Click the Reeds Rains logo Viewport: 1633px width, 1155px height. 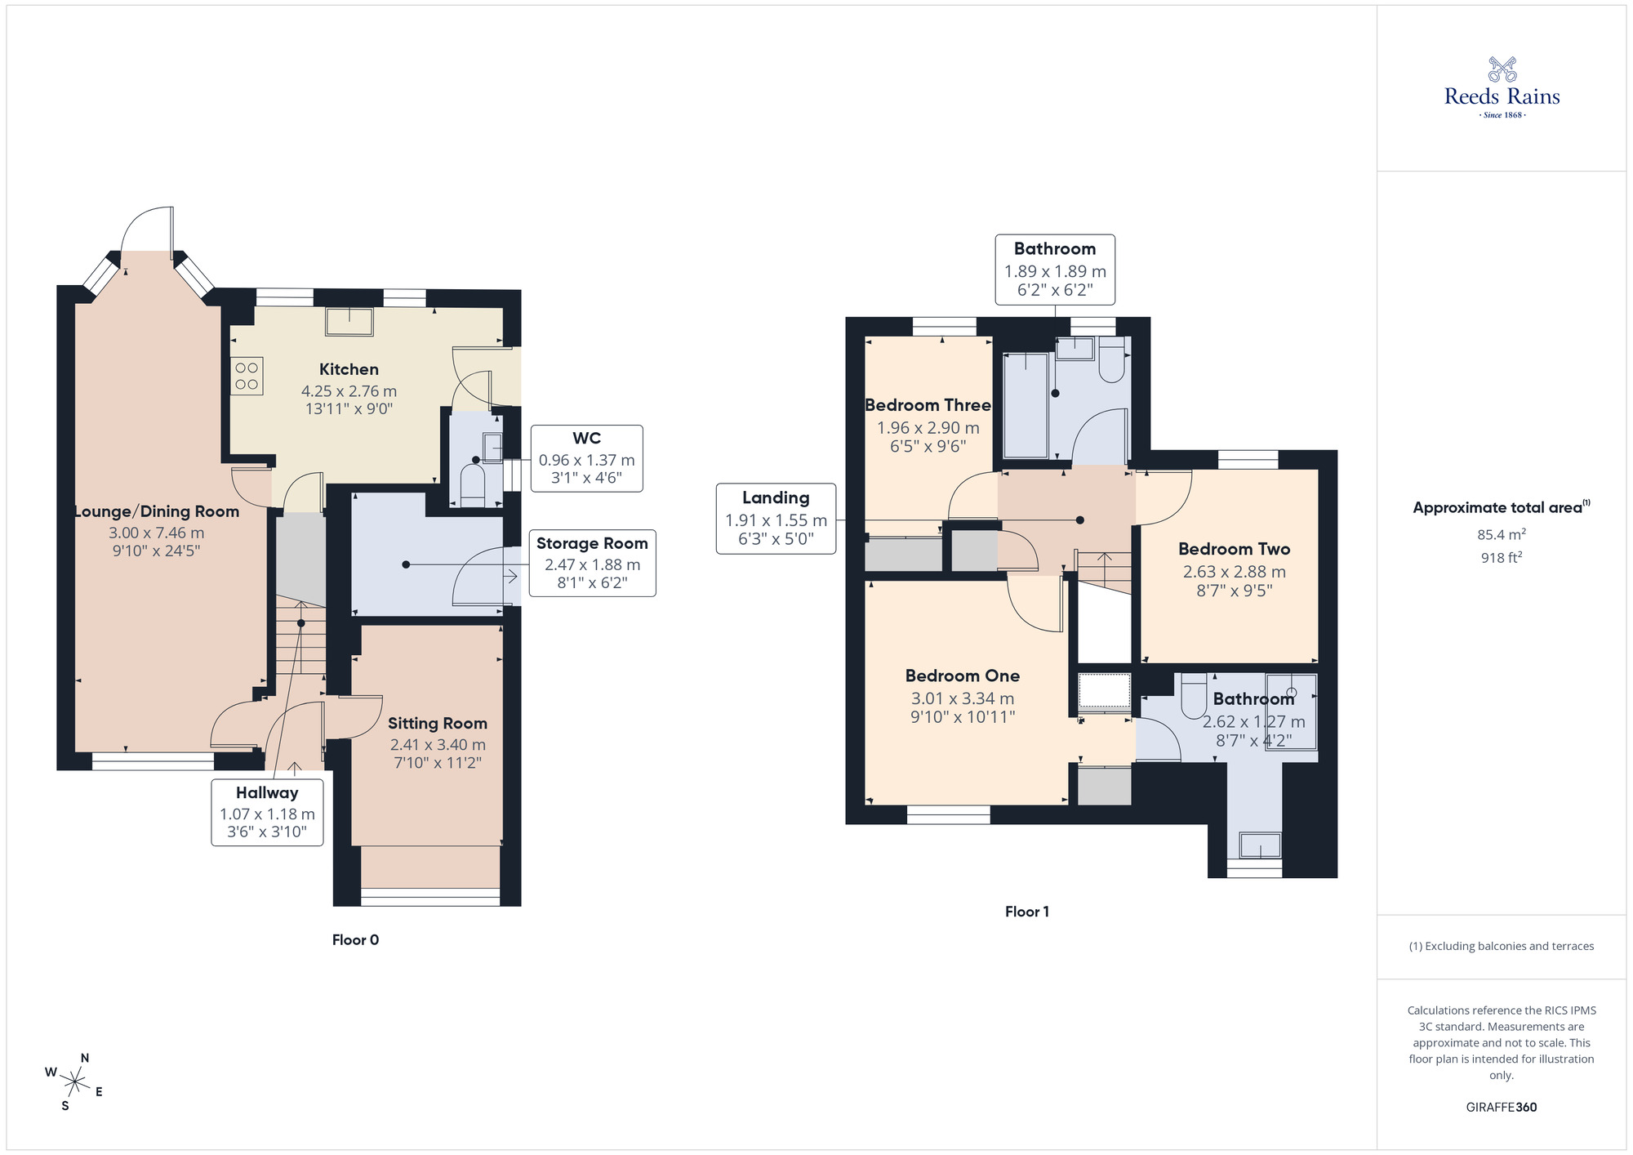coord(1502,88)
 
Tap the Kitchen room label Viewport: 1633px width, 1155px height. coord(349,369)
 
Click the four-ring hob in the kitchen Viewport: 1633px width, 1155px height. coord(247,377)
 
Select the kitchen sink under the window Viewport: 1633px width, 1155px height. coord(349,321)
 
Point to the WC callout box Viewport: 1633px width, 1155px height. coord(586,458)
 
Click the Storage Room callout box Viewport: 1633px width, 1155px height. coord(592,563)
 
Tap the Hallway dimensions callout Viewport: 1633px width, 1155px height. coord(267,812)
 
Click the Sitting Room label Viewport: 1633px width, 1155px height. coord(437,723)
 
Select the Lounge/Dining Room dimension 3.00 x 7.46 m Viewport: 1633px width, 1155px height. coord(157,533)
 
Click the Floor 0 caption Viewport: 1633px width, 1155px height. coord(355,939)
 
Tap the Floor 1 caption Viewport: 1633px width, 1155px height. coord(1026,912)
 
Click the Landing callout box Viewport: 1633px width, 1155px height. coord(776,519)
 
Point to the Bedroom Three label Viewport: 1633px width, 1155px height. coord(928,405)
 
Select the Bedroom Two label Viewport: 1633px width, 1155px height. coord(1234,549)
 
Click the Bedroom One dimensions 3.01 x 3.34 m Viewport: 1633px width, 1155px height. coord(963,698)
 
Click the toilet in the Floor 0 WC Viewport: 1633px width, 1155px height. coord(473,484)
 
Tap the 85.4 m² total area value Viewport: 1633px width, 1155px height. coord(1501,535)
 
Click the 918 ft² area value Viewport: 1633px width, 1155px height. coord(1501,558)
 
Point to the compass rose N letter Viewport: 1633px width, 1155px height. coord(85,1058)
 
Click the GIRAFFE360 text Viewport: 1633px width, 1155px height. coord(1501,1108)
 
